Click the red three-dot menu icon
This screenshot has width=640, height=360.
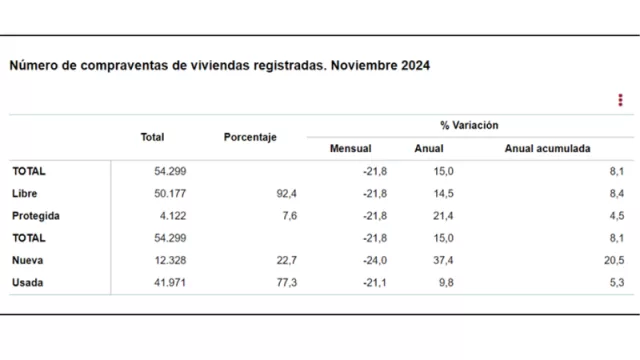point(621,99)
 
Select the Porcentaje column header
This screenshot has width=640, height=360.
point(250,137)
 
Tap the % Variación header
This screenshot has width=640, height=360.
point(469,126)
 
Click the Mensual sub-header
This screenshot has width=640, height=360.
point(350,149)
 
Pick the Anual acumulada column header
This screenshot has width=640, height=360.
point(547,149)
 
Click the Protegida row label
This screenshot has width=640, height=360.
point(36,215)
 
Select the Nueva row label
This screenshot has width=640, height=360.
point(28,260)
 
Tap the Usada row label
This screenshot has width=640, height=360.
point(28,283)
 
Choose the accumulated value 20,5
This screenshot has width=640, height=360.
point(614,260)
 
